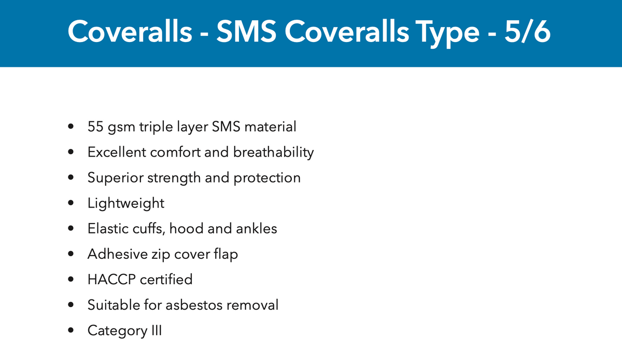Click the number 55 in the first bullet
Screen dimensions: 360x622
pyautogui.click(x=96, y=127)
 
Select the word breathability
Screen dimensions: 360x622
pyautogui.click(x=273, y=153)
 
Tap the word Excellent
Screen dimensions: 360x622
pyautogui.click(x=117, y=153)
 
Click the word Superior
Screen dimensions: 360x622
pyautogui.click(x=115, y=178)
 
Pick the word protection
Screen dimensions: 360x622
pyautogui.click(x=267, y=178)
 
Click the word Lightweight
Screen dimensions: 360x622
pyautogui.click(x=126, y=203)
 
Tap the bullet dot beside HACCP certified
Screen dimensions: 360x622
pyautogui.click(x=70, y=280)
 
